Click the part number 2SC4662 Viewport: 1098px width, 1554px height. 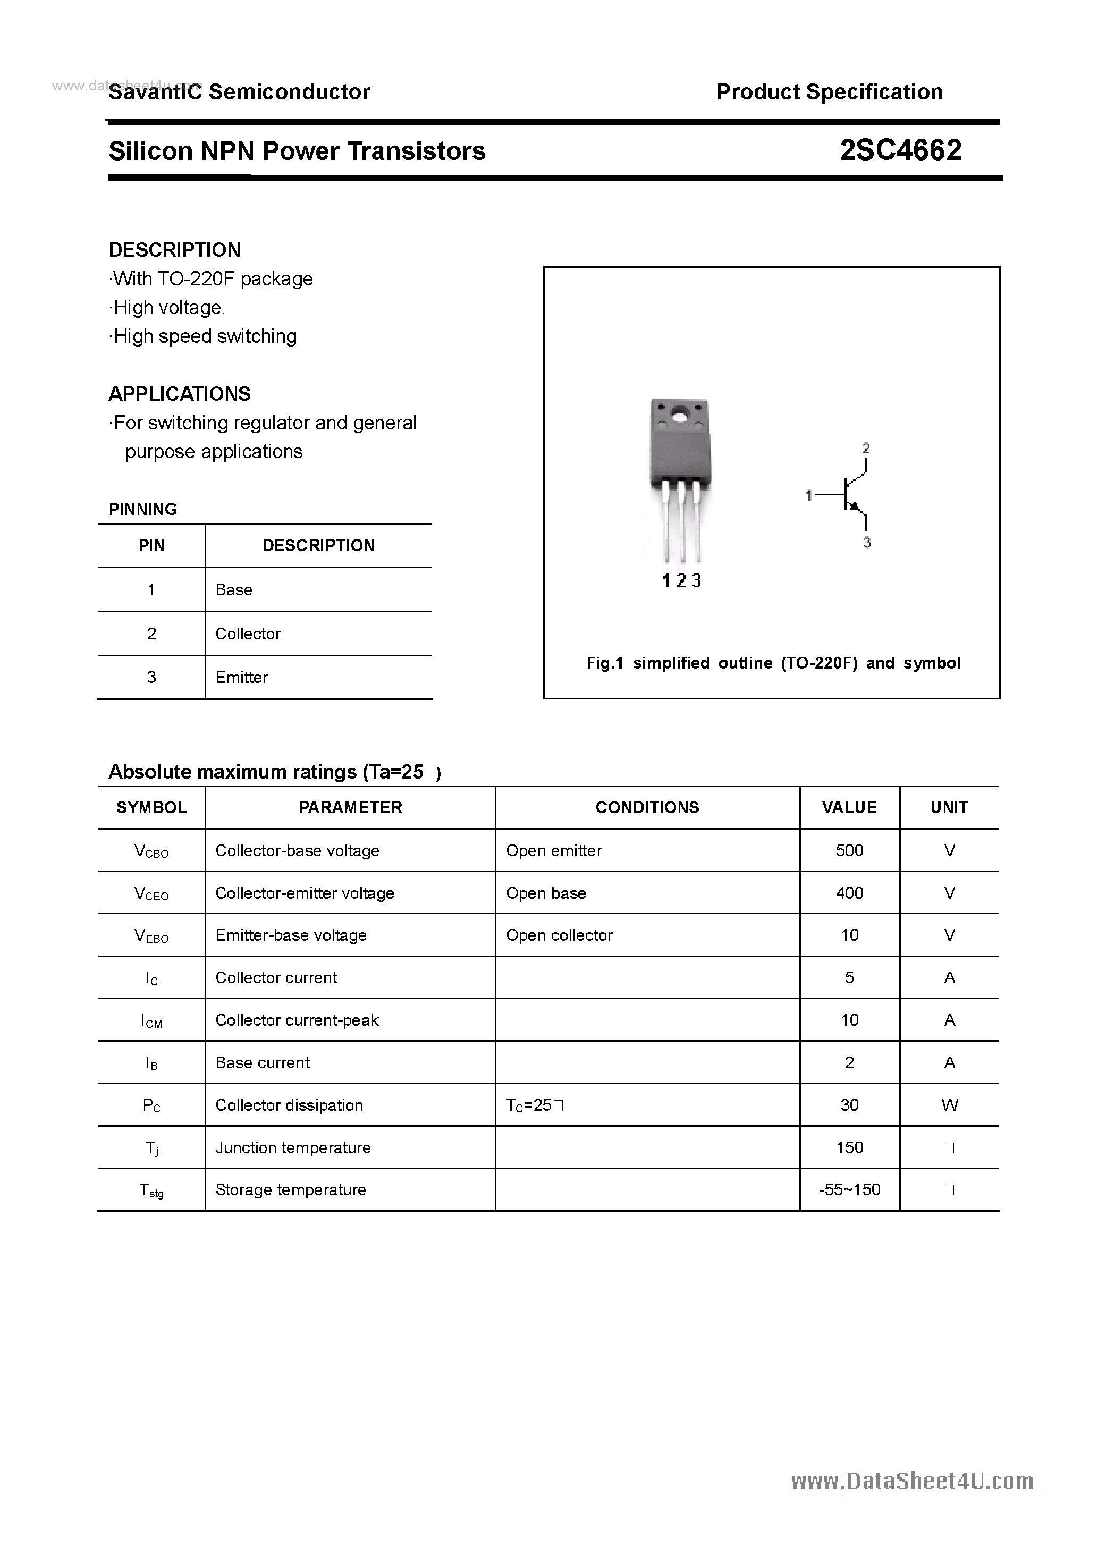900,150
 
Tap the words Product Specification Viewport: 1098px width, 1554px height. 829,91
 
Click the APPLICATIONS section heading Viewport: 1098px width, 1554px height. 180,393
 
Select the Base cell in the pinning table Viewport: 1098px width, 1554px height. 234,589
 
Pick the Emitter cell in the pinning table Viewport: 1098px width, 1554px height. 242,678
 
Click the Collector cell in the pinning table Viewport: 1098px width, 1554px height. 248,634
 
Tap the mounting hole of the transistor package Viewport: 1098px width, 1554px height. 680,413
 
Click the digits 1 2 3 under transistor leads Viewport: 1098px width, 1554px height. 681,581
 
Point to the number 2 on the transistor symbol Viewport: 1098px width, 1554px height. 866,448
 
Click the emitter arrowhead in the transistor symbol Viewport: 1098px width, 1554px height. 854,505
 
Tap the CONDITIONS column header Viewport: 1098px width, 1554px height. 647,807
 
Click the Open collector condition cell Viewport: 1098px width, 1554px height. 559,935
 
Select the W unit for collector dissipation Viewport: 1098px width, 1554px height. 949,1105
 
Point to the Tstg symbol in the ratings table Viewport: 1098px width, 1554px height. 151,1190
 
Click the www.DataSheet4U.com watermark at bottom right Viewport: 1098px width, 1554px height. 912,1482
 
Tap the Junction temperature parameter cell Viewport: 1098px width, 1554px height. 293,1148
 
